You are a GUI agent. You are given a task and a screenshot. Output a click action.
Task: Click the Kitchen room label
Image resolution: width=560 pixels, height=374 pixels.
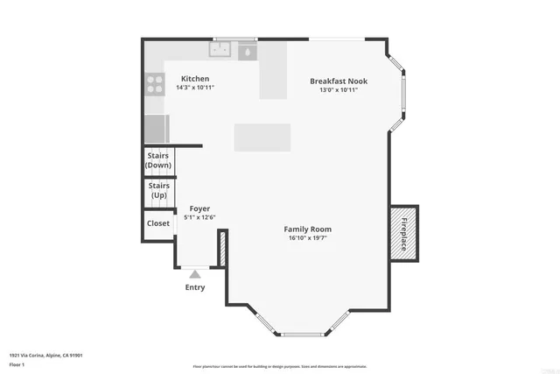pyautogui.click(x=195, y=79)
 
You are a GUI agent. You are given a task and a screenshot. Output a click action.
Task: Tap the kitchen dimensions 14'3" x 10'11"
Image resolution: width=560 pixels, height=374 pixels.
pyautogui.click(x=195, y=88)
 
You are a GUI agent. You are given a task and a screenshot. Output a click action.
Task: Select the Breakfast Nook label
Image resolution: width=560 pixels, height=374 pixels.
pyautogui.click(x=338, y=81)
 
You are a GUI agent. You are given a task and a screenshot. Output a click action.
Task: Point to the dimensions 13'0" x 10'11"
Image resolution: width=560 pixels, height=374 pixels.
pyautogui.click(x=338, y=89)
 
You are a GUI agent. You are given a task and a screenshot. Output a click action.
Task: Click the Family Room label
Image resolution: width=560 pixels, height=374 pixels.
pyautogui.click(x=310, y=229)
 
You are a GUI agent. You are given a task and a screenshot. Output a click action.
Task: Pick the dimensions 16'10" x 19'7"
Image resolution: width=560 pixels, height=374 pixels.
pyautogui.click(x=310, y=238)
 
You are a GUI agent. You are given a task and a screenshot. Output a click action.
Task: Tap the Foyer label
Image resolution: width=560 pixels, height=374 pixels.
pyautogui.click(x=200, y=208)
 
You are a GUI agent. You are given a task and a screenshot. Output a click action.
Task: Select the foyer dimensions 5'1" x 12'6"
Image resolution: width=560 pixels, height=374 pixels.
pyautogui.click(x=200, y=217)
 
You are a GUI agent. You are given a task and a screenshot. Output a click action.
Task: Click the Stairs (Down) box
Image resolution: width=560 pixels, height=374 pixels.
pyautogui.click(x=158, y=160)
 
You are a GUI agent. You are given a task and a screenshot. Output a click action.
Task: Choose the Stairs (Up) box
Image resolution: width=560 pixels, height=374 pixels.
pyautogui.click(x=158, y=190)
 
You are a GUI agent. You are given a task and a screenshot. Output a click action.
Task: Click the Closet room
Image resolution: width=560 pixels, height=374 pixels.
pyautogui.click(x=158, y=223)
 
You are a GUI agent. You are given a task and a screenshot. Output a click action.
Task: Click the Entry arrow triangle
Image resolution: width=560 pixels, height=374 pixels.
pyautogui.click(x=194, y=274)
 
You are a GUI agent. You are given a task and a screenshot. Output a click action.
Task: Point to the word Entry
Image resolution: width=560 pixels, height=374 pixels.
pyautogui.click(x=194, y=287)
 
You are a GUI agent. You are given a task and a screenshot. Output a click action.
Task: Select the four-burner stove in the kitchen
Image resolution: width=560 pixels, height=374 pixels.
pyautogui.click(x=155, y=84)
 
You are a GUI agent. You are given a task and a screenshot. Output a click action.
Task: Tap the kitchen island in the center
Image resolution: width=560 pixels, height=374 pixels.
pyautogui.click(x=262, y=138)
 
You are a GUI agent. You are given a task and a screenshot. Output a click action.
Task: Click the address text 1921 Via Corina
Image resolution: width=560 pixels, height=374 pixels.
pyautogui.click(x=45, y=355)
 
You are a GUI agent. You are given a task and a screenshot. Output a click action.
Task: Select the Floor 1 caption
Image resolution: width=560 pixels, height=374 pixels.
pyautogui.click(x=17, y=363)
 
